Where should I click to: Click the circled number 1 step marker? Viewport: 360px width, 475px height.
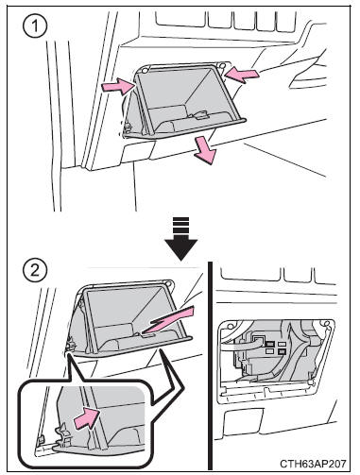click(35, 25)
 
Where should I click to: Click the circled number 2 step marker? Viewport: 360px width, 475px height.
click(35, 271)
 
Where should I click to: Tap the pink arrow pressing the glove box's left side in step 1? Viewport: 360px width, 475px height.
click(118, 86)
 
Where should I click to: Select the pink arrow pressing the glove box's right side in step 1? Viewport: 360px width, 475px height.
click(242, 75)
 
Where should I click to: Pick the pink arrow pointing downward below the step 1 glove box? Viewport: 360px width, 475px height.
click(205, 151)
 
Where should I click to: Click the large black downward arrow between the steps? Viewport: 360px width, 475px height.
click(180, 239)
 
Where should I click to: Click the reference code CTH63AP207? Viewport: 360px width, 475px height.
click(313, 464)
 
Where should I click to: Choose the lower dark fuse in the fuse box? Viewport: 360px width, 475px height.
click(282, 352)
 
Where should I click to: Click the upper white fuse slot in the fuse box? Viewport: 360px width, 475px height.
click(282, 344)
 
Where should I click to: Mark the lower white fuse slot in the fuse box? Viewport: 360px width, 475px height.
click(271, 351)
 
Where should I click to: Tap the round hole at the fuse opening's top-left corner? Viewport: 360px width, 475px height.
click(233, 324)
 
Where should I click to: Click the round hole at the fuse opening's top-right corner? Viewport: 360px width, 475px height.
click(330, 324)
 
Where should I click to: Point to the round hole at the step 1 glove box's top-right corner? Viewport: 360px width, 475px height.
click(222, 66)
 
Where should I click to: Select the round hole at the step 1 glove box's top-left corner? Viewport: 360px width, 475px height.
click(146, 70)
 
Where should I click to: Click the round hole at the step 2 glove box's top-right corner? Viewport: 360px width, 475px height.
click(170, 283)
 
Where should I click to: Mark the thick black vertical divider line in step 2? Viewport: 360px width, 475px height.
click(211, 365)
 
